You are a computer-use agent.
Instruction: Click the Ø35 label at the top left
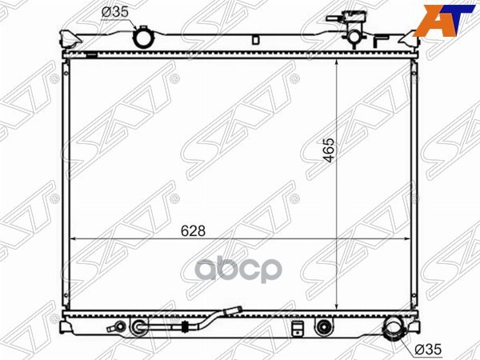point(114,13)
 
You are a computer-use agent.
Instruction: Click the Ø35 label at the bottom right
point(428,349)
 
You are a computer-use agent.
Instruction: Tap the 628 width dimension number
point(193,231)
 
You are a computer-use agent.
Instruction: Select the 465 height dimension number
point(330,150)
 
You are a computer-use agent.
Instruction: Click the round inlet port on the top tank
point(142,38)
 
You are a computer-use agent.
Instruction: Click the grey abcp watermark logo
point(238,270)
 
